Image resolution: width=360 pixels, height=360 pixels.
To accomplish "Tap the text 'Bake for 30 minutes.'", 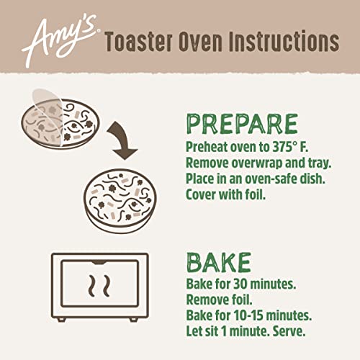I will click(237, 282).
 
